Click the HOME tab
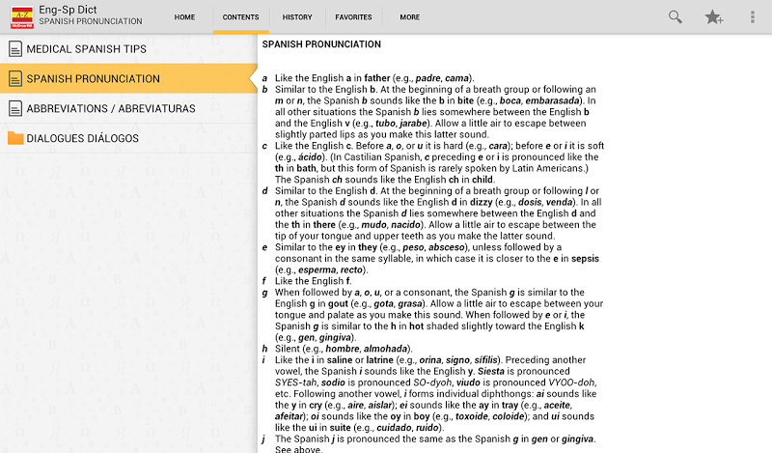click(184, 17)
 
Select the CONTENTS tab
click(240, 17)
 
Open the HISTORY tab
click(297, 17)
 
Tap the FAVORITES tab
click(353, 17)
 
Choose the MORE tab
click(410, 17)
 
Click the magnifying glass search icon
click(675, 16)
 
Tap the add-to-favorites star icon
click(714, 16)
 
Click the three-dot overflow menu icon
click(752, 16)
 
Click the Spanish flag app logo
click(20, 15)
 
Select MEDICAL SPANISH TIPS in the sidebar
click(87, 49)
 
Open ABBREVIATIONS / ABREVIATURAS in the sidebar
click(111, 108)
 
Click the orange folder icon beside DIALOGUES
click(14, 138)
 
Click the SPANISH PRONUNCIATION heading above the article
click(321, 44)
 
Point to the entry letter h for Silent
click(264, 349)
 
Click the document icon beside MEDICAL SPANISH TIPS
click(14, 49)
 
